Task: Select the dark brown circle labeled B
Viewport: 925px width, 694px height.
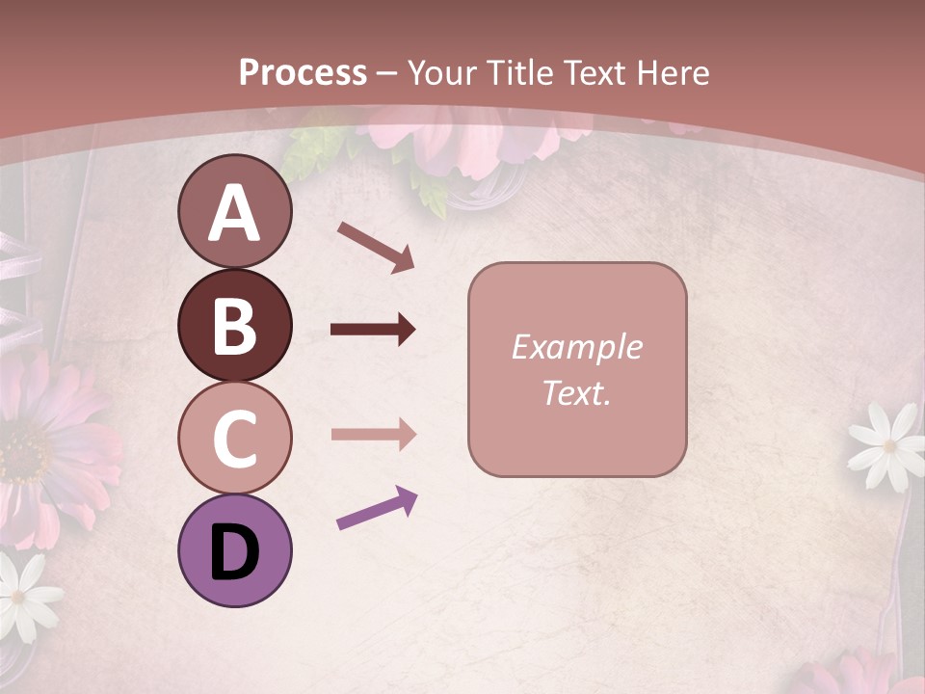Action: [234, 325]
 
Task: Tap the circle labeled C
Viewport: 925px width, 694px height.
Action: [234, 438]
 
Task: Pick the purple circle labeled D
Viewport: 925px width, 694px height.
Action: [234, 550]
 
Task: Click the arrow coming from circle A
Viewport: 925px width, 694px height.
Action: [375, 247]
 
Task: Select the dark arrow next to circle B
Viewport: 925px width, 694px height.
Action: [373, 330]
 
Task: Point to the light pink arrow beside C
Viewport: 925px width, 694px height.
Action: [373, 435]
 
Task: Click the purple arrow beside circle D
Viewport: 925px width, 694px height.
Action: [377, 508]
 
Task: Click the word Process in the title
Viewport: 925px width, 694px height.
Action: [303, 72]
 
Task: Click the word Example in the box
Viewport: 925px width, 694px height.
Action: [576, 347]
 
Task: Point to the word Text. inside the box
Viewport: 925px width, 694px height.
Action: [576, 392]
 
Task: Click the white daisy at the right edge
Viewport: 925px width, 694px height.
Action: [885, 445]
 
